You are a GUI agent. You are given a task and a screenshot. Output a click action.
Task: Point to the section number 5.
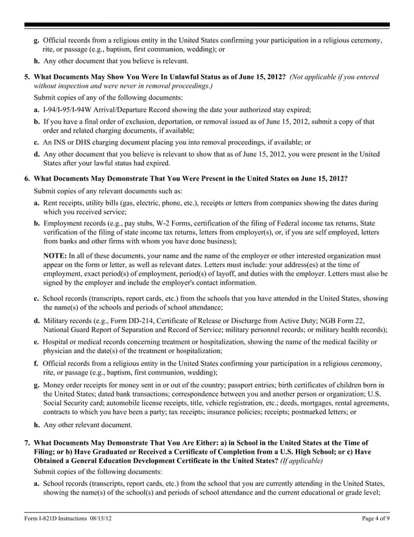pyautogui.click(x=27, y=77)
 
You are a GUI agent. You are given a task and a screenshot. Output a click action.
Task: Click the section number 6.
pyautogui.click(x=27, y=177)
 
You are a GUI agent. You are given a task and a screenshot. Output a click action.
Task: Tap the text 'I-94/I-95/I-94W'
pyautogui.click(x=68, y=110)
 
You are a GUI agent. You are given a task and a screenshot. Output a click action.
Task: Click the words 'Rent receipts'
pyautogui.click(x=64, y=203)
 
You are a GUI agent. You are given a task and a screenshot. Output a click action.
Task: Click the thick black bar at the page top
pyautogui.click(x=207, y=25)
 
